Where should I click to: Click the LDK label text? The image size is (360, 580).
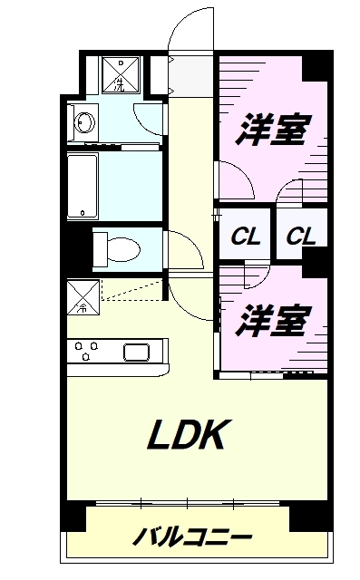[x=186, y=437]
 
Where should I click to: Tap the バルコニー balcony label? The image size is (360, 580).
[x=192, y=536]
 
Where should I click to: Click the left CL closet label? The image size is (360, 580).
[x=245, y=237]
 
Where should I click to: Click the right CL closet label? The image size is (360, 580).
[x=301, y=237]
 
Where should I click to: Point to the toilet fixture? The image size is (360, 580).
[x=115, y=246]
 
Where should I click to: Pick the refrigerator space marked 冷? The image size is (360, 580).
[x=83, y=295]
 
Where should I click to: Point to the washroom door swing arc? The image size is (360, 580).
[x=147, y=119]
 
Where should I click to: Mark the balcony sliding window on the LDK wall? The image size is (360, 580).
[x=188, y=501]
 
